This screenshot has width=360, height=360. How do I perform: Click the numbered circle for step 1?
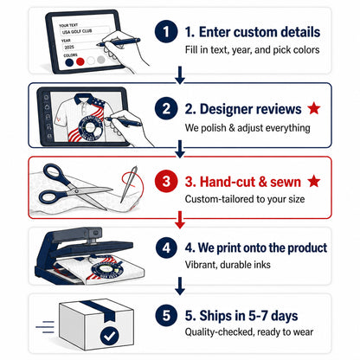166,31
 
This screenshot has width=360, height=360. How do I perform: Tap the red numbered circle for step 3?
166,182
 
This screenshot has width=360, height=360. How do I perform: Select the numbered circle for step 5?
166,315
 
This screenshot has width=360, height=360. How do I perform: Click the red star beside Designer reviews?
314,108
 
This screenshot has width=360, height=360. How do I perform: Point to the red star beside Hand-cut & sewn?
314,182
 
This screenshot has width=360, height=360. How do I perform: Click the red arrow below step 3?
180,220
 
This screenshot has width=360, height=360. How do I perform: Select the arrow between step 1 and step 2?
180,75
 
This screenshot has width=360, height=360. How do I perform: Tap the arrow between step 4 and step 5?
180,286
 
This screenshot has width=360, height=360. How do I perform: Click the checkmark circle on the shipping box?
109,336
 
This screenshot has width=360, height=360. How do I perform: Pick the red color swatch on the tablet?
80,61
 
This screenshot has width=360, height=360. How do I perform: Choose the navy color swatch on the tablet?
69,62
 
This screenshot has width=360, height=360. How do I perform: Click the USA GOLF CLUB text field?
84,31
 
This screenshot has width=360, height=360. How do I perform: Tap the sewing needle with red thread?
129,183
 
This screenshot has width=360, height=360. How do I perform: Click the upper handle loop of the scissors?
54,172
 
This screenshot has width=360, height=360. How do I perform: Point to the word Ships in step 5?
215,315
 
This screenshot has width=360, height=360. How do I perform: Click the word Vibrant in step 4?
201,265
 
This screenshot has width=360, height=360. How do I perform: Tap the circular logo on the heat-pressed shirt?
107,270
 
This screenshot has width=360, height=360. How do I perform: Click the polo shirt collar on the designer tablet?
85,100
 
